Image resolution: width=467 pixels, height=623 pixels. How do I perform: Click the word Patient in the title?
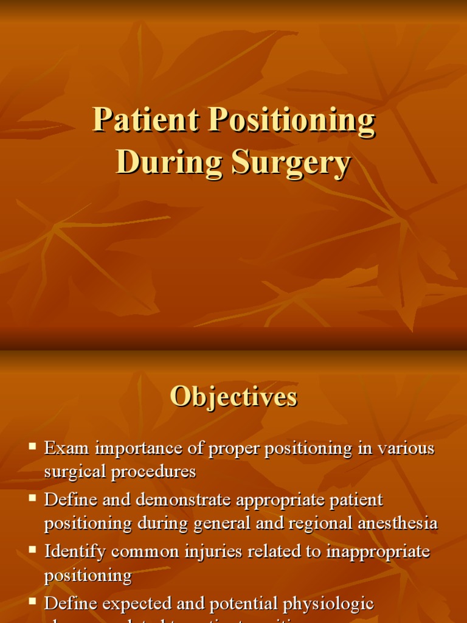click(x=146, y=120)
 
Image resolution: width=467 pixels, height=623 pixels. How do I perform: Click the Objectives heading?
click(x=233, y=397)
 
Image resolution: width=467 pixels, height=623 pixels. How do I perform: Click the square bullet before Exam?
click(x=33, y=447)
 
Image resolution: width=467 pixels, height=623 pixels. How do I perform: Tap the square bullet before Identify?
click(x=33, y=551)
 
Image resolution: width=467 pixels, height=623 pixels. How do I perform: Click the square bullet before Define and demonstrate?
click(x=33, y=499)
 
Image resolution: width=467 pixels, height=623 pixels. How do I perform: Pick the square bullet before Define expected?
click(x=33, y=602)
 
